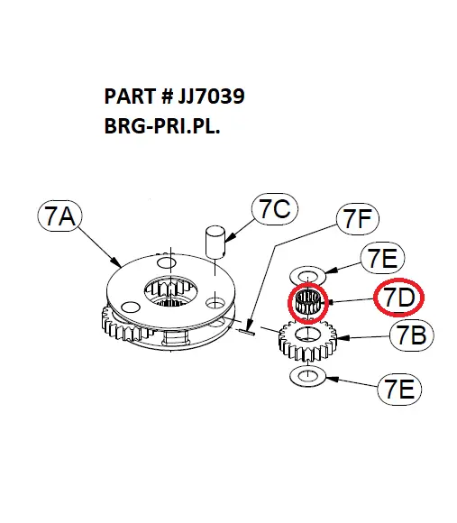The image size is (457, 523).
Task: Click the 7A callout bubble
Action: click(59, 216)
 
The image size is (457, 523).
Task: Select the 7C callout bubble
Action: click(275, 209)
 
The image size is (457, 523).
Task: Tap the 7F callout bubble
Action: click(357, 218)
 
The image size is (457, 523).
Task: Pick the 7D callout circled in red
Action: click(398, 298)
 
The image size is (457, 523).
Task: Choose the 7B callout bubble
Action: click(412, 335)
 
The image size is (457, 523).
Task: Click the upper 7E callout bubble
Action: click(383, 258)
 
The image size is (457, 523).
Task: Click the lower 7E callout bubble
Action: click(399, 390)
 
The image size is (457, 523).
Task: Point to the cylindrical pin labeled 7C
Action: click(215, 242)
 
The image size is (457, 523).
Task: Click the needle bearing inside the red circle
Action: click(308, 302)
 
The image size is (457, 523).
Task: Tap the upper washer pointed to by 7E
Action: click(307, 276)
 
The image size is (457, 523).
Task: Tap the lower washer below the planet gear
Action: click(307, 376)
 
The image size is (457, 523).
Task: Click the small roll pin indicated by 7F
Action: click(247, 331)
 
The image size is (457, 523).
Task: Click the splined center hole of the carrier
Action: click(170, 292)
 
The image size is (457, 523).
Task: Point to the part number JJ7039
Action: click(211, 96)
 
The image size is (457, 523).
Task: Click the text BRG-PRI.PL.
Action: click(162, 127)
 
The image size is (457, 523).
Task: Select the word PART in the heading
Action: click(130, 96)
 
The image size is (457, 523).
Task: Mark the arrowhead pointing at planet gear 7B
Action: click(342, 338)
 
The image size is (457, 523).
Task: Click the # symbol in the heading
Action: click(167, 96)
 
